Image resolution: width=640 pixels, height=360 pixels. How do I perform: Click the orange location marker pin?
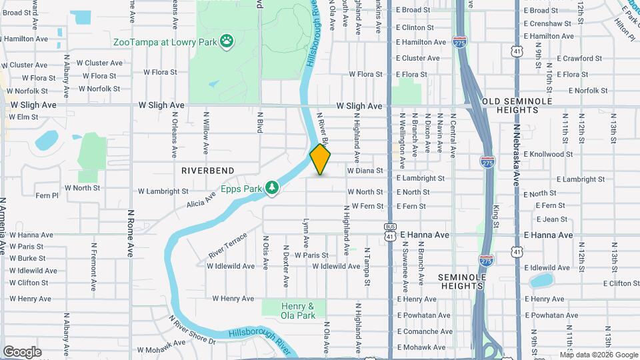tap(320, 159)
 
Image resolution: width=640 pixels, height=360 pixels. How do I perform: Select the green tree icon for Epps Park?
tap(272, 189)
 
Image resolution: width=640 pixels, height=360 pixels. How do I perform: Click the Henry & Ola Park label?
tap(298, 311)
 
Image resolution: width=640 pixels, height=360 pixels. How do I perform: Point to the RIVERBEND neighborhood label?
tap(207, 171)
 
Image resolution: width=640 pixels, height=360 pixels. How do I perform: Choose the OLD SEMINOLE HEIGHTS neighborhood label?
tap(517, 105)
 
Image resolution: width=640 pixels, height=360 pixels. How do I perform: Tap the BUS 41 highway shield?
tap(390, 231)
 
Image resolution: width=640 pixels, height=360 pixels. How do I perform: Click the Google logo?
tap(22, 351)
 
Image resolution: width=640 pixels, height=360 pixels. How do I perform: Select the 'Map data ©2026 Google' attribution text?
tap(598, 355)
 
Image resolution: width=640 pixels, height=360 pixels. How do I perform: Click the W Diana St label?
tap(365, 171)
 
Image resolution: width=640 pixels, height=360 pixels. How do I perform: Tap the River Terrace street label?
tap(227, 245)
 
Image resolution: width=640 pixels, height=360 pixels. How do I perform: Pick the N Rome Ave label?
tap(131, 233)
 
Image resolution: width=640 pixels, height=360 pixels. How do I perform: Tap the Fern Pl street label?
tap(47, 196)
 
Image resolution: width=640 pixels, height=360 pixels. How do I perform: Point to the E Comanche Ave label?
tap(424, 331)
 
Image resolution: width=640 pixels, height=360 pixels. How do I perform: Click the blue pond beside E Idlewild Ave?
tap(541, 280)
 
